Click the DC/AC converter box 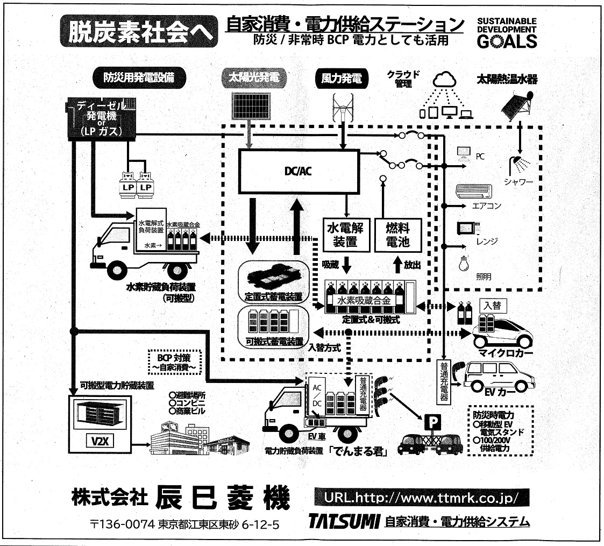[x=298, y=171]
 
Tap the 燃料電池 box [x=397, y=235]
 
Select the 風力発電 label [x=342, y=79]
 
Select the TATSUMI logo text [x=345, y=521]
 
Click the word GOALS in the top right [x=507, y=41]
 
